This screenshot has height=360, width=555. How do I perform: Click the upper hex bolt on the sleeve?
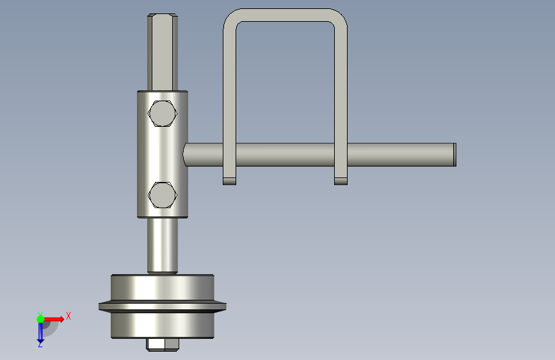(x=162, y=113)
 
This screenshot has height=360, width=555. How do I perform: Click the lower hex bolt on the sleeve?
(x=162, y=195)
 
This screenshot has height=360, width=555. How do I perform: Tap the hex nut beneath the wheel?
(x=163, y=345)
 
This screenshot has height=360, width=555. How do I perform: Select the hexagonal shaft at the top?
(x=163, y=53)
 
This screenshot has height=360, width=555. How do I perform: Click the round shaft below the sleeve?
(x=163, y=245)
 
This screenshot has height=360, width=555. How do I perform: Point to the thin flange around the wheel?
(x=163, y=306)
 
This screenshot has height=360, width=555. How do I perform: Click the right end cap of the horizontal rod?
(x=455, y=154)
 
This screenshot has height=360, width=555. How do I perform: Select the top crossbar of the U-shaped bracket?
(x=286, y=15)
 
